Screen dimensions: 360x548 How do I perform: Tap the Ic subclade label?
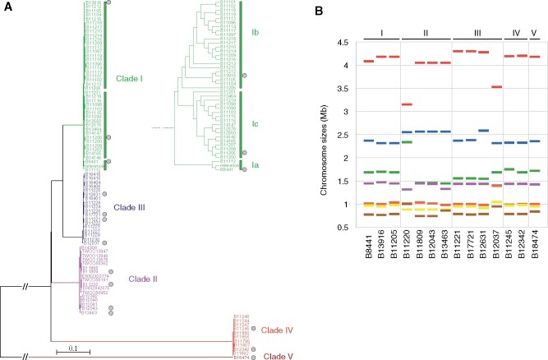pos(255,124)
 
